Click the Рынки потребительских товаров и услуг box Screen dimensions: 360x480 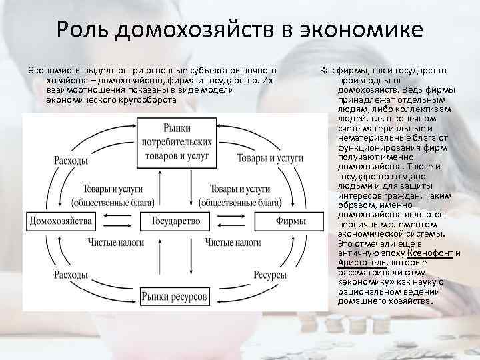point(175,141)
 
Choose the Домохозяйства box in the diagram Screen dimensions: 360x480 point(57,221)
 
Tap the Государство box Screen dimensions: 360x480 point(176,221)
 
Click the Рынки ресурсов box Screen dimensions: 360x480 point(176,294)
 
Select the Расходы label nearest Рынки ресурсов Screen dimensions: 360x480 point(72,274)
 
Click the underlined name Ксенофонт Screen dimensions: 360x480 point(428,253)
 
